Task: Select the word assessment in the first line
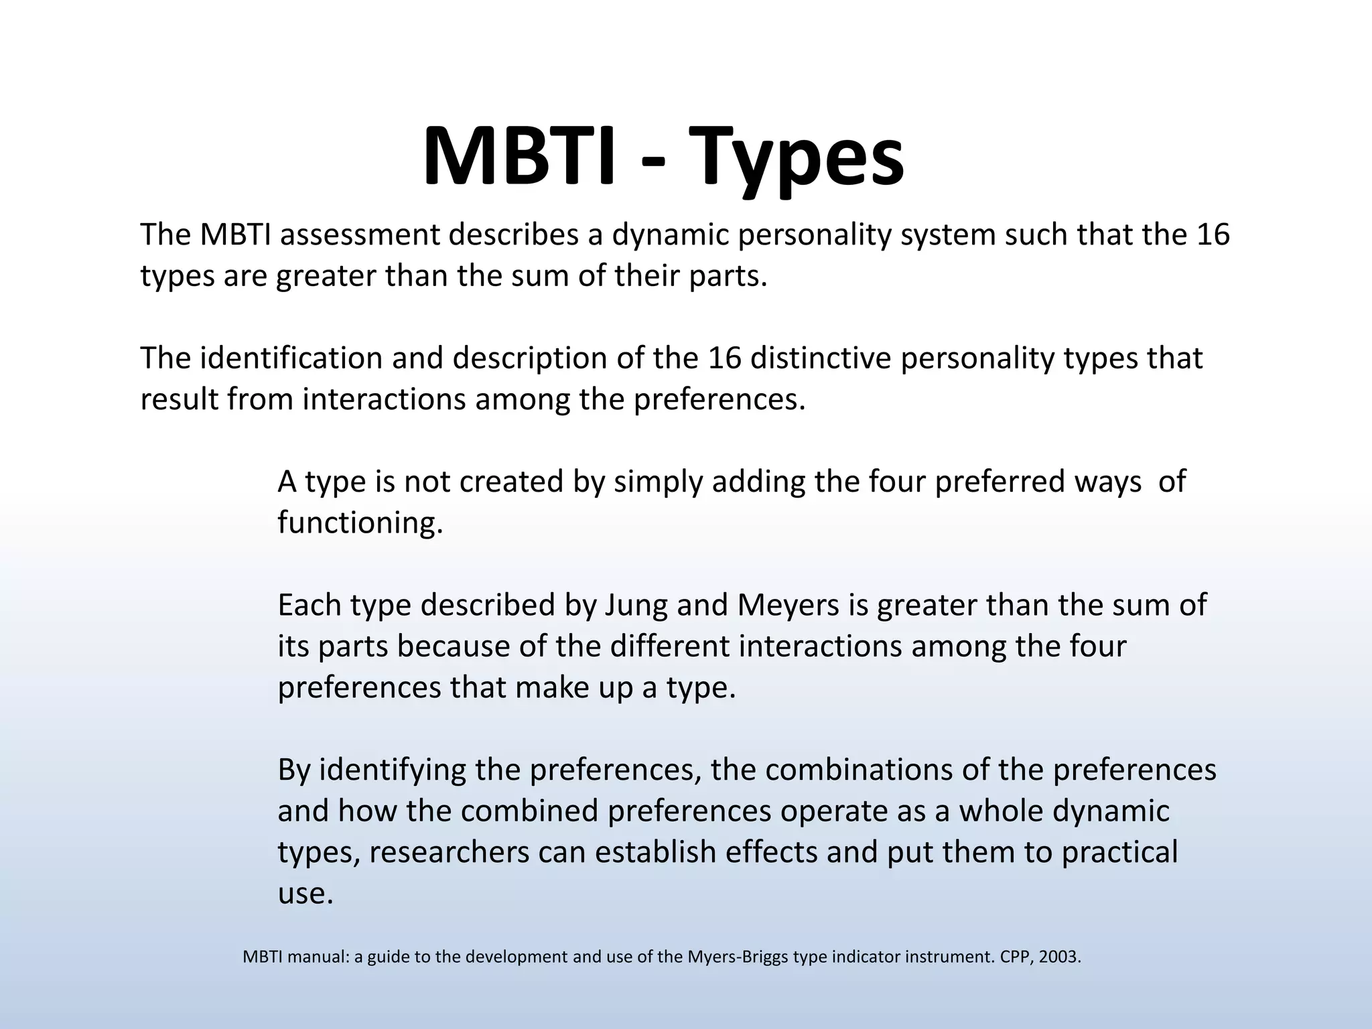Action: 360,234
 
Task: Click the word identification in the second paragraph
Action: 291,358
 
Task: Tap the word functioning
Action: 360,523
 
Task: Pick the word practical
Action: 1119,852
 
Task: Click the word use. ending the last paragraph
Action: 305,894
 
